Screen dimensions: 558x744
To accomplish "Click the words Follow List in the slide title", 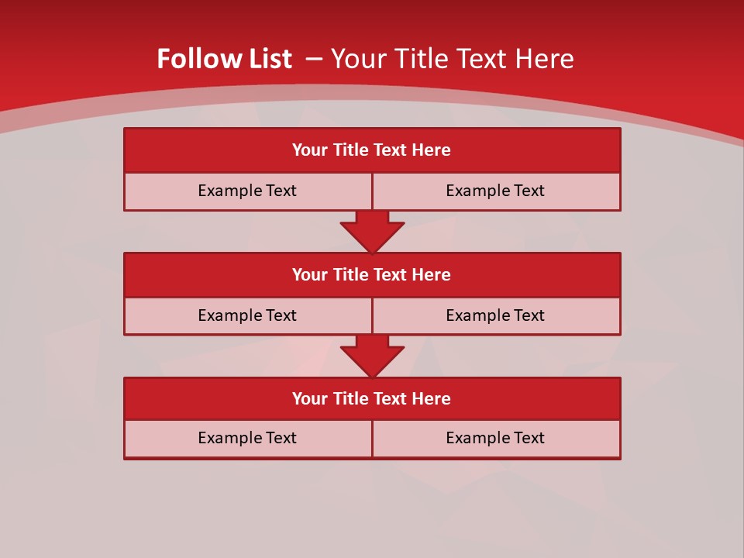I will pyautogui.click(x=224, y=59).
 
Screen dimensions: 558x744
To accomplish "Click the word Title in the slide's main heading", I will pyautogui.click(x=421, y=59).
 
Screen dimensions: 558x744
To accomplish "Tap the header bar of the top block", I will pyautogui.click(x=372, y=150).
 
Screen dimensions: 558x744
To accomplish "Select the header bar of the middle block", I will pyautogui.click(x=372, y=274).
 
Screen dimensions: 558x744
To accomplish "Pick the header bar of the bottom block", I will pyautogui.click(x=372, y=398).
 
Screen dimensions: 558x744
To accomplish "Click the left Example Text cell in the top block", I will pyautogui.click(x=248, y=191).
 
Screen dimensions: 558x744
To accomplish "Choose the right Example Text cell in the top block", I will pyautogui.click(x=496, y=191).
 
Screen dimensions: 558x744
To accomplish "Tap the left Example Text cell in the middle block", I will pyautogui.click(x=248, y=315).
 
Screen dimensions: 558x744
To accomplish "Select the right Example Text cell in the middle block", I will pyautogui.click(x=496, y=315).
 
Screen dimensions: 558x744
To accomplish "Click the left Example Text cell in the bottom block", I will pyautogui.click(x=248, y=438).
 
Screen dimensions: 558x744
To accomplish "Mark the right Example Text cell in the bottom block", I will pyautogui.click(x=496, y=438).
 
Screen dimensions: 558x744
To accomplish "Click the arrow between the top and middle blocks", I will pyautogui.click(x=372, y=231).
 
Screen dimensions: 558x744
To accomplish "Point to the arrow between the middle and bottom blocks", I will pyautogui.click(x=372, y=356).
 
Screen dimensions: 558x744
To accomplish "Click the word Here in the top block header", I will pyautogui.click(x=432, y=150).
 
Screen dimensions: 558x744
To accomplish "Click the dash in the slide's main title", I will pyautogui.click(x=314, y=59).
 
